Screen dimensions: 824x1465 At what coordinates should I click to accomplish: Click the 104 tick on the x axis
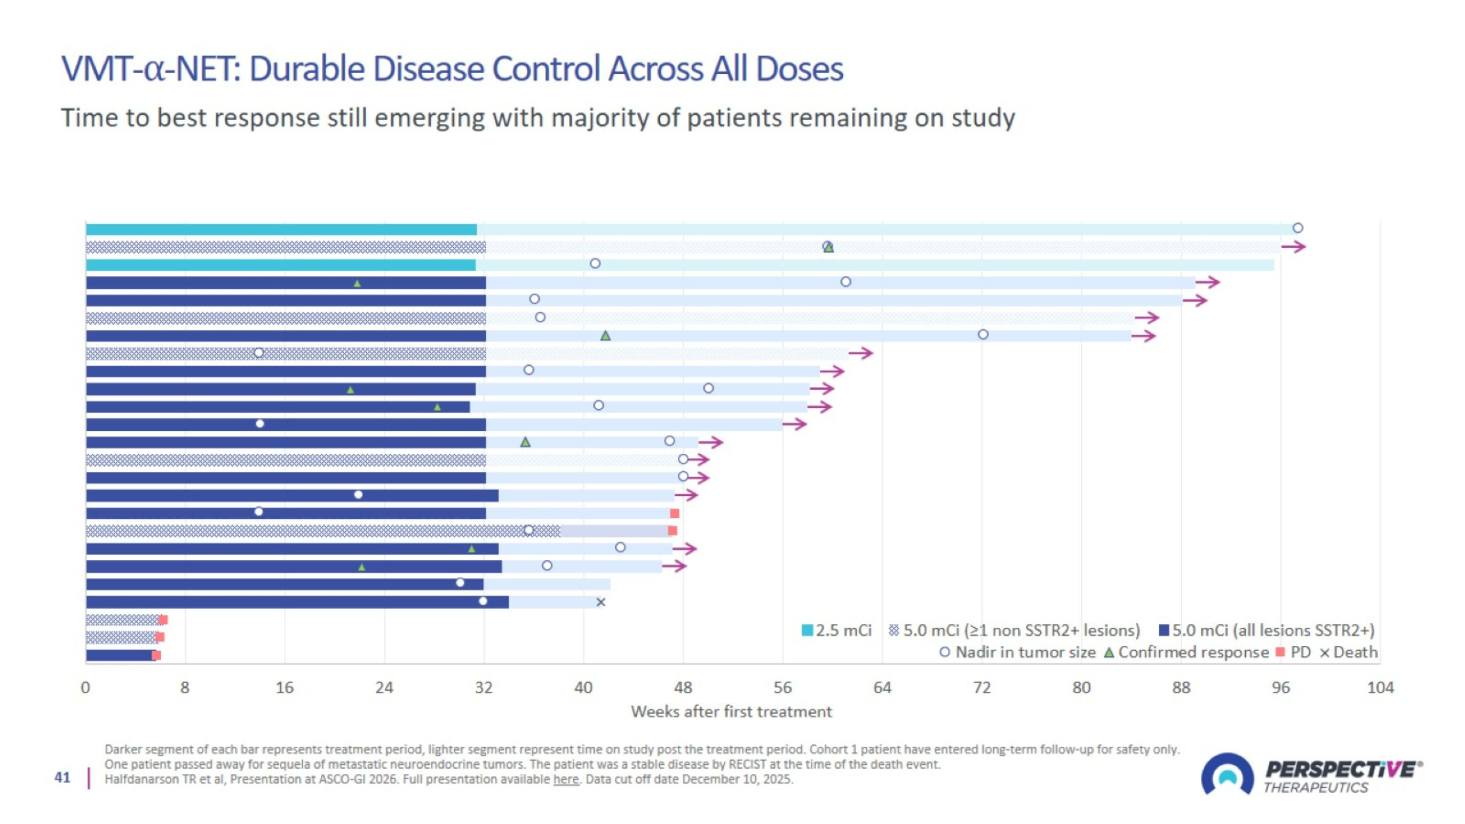[x=1380, y=688]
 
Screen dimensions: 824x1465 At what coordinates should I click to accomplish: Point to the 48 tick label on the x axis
[x=683, y=688]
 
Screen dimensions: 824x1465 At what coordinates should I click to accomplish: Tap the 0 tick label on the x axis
[x=85, y=688]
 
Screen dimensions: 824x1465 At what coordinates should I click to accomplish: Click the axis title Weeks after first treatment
[x=731, y=712]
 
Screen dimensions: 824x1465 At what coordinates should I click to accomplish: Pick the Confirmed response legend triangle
[x=1109, y=652]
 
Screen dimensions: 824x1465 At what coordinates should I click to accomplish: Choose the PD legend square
[x=1280, y=652]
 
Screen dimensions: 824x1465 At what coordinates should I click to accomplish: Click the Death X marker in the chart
[x=601, y=602]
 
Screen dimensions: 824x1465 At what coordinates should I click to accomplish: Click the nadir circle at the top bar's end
[x=1297, y=228]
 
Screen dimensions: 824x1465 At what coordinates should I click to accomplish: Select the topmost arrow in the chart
[x=1293, y=247]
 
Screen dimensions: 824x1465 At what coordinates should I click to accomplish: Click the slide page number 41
[x=63, y=778]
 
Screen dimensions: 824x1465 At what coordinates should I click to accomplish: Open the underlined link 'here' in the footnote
[x=566, y=779]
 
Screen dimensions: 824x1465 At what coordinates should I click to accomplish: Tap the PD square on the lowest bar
[x=156, y=655]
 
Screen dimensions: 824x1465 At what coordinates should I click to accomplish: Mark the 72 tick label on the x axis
[x=982, y=688]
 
